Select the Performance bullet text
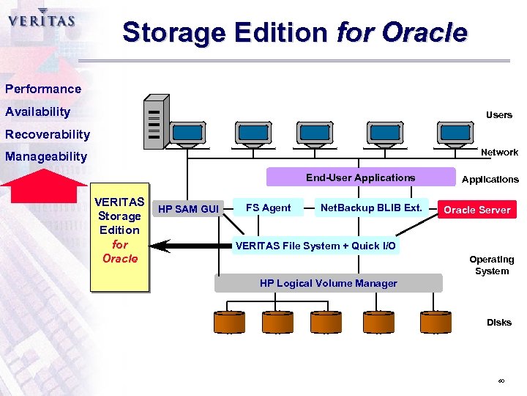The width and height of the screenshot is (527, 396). tap(43, 89)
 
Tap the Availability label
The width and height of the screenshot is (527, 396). tap(38, 111)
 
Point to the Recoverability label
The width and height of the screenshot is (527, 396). tap(48, 134)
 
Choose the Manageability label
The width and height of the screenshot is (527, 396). tap(46, 156)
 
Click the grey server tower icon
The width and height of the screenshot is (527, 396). tap(155, 122)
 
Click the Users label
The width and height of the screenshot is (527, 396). tap(499, 115)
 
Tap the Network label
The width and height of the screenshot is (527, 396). tap(499, 152)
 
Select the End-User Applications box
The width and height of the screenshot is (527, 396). tap(360, 177)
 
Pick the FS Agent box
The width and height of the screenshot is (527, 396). tap(268, 208)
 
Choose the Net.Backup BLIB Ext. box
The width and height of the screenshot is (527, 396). tap(371, 208)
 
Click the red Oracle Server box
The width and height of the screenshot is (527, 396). tap(476, 210)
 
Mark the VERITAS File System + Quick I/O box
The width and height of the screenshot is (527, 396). tap(315, 246)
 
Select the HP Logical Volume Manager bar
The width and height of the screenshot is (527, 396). tap(329, 283)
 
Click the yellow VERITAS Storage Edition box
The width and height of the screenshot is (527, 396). tap(119, 237)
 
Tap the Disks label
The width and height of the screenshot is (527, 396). tap(499, 322)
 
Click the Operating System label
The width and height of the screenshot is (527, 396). tap(491, 265)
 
